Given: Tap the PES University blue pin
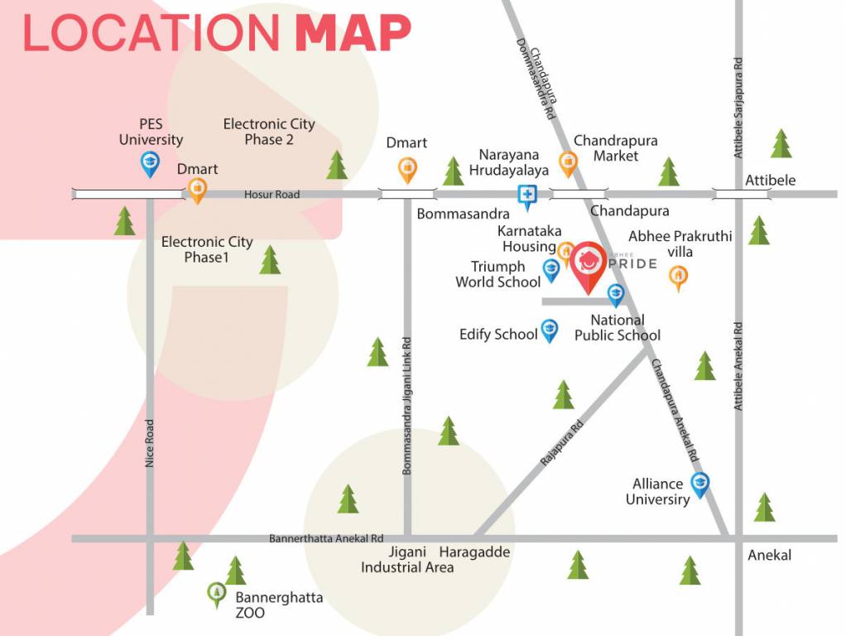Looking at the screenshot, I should point(150,163).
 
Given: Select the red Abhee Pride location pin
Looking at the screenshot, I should point(588,264).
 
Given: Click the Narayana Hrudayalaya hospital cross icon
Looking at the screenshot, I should point(526,195).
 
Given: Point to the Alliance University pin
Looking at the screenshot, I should point(700,484).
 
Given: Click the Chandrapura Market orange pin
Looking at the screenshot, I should point(568,163).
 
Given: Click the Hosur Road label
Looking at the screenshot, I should point(272,195).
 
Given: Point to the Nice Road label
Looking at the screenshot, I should point(150,443).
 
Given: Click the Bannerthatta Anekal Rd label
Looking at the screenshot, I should point(326,538).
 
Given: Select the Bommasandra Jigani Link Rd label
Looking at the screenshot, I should point(406,406).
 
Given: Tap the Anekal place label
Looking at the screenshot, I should point(769,555).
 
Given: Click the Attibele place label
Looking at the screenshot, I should point(770,180).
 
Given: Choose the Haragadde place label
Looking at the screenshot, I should point(474,552).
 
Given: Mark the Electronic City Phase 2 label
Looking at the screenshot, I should point(269,132).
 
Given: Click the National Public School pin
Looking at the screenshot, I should point(616,294).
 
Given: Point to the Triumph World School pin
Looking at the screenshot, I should point(550,269).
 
